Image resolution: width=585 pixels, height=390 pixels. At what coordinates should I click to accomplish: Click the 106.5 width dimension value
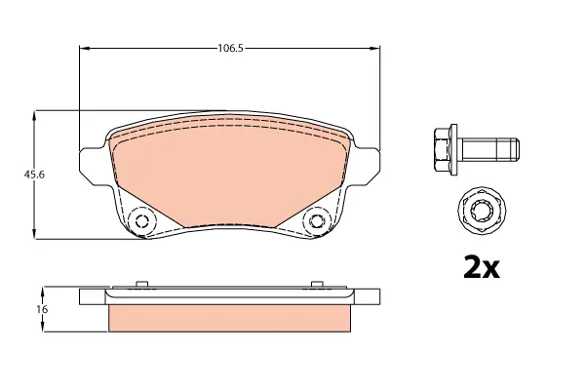tap(230, 48)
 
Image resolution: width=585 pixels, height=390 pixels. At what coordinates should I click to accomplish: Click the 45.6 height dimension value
tap(34, 175)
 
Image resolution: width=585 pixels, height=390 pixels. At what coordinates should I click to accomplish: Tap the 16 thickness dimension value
tap(42, 309)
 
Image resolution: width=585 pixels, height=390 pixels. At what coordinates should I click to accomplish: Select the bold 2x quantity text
tap(482, 267)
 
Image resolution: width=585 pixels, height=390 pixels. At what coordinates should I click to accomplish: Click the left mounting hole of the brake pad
tap(141, 221)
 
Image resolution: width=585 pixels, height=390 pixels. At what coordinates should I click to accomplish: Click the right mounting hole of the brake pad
tap(316, 221)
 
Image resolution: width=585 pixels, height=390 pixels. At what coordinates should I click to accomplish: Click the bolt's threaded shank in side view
tap(490, 149)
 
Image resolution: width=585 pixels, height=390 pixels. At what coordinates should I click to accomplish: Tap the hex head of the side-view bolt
tap(443, 149)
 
